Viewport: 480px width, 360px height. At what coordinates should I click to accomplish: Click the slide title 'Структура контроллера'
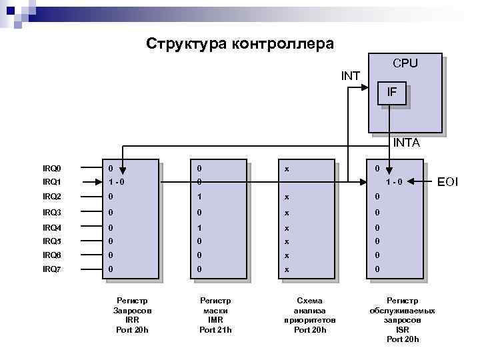240,44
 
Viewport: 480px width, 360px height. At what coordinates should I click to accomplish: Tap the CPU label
405,63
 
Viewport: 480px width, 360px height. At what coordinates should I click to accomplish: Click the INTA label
407,142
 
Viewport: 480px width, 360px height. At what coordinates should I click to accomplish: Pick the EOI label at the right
447,181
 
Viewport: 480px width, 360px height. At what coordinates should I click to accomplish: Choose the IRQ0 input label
52,169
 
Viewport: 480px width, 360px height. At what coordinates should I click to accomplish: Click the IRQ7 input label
52,269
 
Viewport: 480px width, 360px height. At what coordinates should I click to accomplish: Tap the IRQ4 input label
52,228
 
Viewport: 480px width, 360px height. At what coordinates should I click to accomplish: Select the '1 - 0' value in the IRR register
117,181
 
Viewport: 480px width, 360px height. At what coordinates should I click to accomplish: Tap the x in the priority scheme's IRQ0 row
287,169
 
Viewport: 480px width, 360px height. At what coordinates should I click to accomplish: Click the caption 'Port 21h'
215,330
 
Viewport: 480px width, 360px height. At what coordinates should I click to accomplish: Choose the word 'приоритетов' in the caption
310,320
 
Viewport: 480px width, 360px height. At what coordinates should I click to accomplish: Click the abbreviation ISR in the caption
403,329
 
